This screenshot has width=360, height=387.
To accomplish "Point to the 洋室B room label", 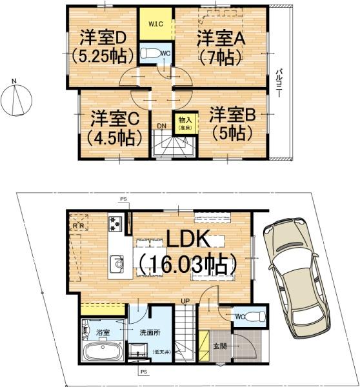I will (232, 115).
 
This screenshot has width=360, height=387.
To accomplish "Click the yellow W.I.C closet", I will (155, 24).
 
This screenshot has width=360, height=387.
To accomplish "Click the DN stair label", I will (162, 126).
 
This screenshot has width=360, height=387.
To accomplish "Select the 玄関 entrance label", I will (221, 346).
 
